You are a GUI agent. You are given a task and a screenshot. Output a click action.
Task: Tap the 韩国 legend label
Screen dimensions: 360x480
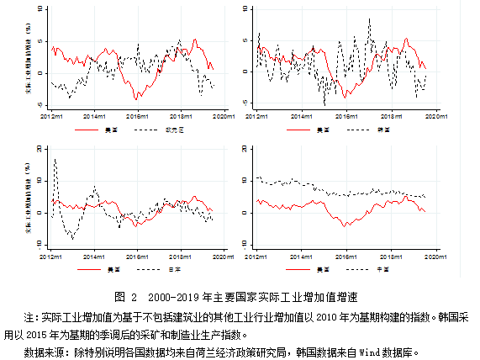(x=382, y=130)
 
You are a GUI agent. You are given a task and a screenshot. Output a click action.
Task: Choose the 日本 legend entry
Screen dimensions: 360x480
(x=175, y=269)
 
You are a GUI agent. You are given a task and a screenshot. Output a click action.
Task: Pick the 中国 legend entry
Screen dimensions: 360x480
(x=382, y=269)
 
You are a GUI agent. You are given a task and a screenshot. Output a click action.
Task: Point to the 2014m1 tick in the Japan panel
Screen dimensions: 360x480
(x=93, y=255)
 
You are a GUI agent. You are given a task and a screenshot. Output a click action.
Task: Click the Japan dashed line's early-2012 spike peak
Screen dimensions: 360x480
(x=55, y=159)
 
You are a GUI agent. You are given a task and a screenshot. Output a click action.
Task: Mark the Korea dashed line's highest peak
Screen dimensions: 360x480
(x=369, y=19)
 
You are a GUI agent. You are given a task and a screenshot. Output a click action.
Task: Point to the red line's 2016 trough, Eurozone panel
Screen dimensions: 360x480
(x=137, y=98)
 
